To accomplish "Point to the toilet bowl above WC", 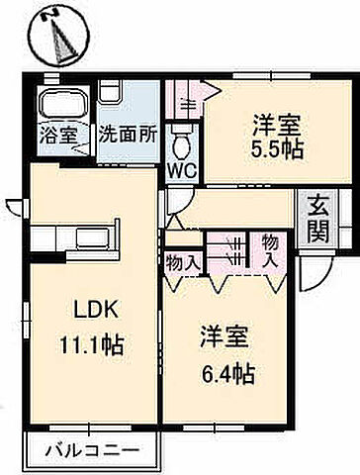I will click(x=183, y=142).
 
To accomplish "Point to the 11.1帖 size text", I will click(x=91, y=347).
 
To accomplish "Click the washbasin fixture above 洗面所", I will click(x=110, y=94).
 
